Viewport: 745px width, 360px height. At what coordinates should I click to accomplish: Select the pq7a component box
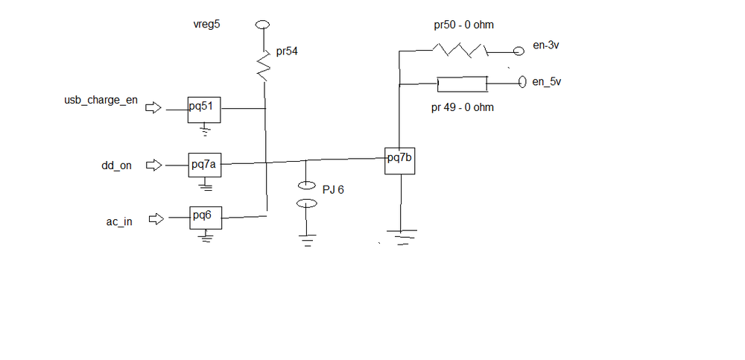204,165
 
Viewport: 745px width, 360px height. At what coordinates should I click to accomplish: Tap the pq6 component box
205,216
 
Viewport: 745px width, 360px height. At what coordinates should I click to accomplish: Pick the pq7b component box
400,160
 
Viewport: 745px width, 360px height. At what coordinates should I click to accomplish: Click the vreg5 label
207,25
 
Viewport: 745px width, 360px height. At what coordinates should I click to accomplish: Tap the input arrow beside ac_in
156,219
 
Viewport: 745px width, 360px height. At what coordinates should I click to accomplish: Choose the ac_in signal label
118,221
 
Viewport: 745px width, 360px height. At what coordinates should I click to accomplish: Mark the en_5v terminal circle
521,81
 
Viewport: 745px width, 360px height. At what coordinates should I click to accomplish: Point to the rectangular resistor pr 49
463,83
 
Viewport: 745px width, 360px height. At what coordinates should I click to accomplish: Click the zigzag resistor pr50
460,51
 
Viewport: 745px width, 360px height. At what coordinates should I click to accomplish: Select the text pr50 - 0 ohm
463,25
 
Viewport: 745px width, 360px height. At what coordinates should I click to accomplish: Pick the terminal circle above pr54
261,25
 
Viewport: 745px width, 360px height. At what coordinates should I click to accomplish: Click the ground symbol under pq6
206,238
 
